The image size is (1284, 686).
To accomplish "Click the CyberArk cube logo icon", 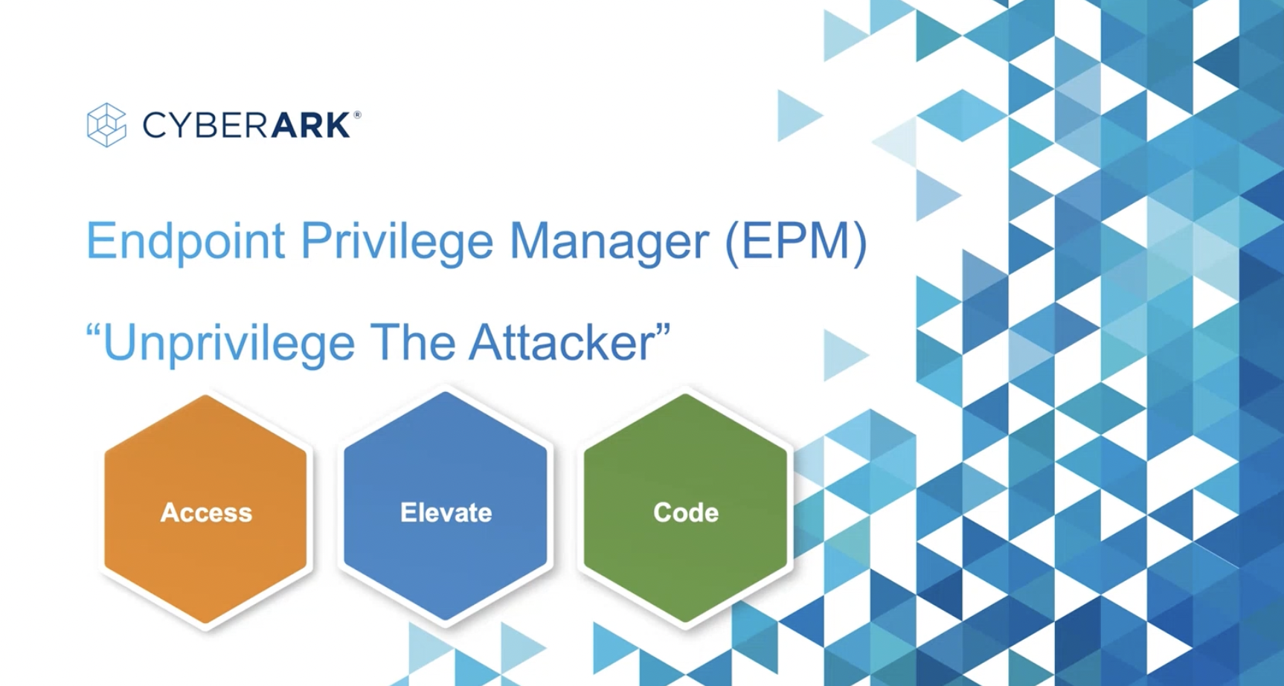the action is pos(106,125).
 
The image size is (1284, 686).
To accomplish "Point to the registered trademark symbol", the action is pos(358,115).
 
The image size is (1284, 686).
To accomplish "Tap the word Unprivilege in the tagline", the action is pos(228,344).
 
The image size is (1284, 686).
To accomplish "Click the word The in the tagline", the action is pos(412,342).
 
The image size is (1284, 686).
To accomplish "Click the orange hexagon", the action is pos(205,509).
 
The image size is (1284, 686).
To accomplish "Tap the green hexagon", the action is pos(685,507).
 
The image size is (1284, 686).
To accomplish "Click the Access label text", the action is pos(206,513).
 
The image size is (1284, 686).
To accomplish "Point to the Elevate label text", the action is pos(446,513).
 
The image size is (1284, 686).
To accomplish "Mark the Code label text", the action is pos(686,513).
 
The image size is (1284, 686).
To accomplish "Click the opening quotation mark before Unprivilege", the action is pos(94,330).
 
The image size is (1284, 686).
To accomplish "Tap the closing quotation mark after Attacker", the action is pos(663,330).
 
